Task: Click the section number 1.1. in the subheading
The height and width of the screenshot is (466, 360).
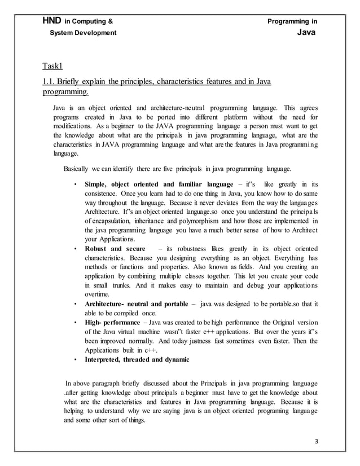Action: pos(51,82)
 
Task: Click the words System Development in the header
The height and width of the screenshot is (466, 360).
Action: pos(84,33)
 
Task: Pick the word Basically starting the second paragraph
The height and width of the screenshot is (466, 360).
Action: pos(79,169)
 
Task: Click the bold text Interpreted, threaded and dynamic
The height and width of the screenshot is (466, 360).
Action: pos(137,359)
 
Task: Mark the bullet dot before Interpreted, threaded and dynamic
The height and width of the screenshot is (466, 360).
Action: pos(75,359)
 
